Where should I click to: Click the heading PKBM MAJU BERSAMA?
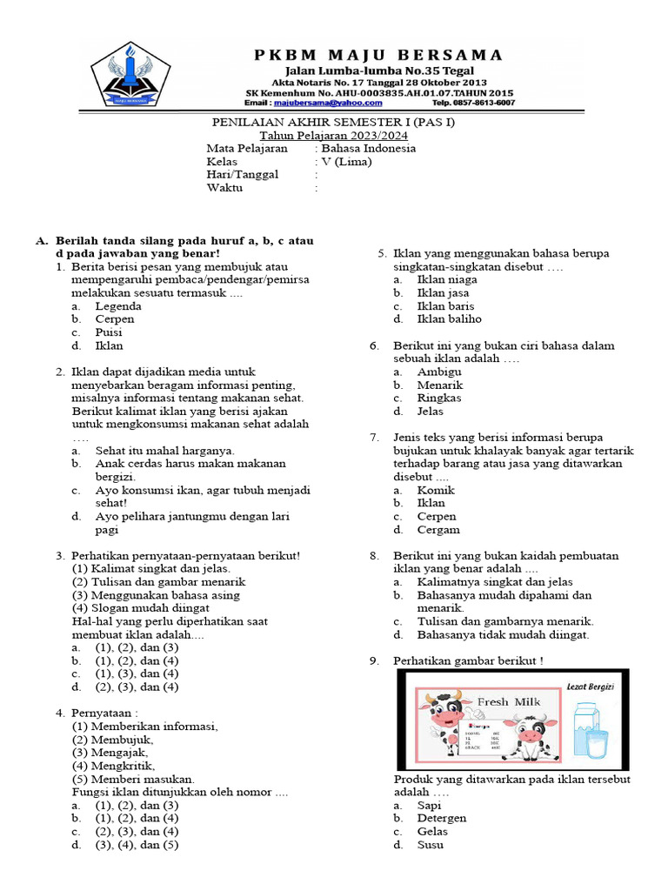coord(378,56)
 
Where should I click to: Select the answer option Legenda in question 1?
coord(118,306)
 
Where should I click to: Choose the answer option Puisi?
coord(109,332)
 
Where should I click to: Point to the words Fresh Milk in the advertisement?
coord(509,701)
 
